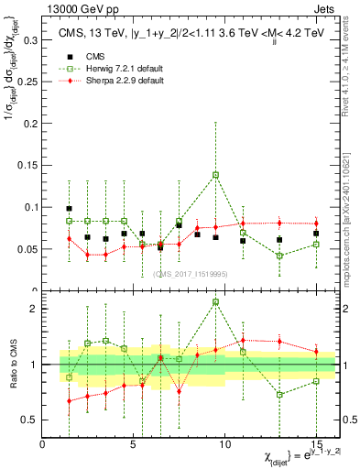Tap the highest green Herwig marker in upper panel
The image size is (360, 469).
click(x=216, y=174)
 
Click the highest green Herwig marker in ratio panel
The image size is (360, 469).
click(x=216, y=301)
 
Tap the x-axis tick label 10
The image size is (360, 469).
click(x=224, y=444)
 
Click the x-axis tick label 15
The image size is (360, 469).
click(x=316, y=444)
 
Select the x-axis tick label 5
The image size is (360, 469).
click(x=133, y=444)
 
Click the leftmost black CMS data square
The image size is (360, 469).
click(x=70, y=209)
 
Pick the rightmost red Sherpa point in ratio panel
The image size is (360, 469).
click(x=316, y=352)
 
